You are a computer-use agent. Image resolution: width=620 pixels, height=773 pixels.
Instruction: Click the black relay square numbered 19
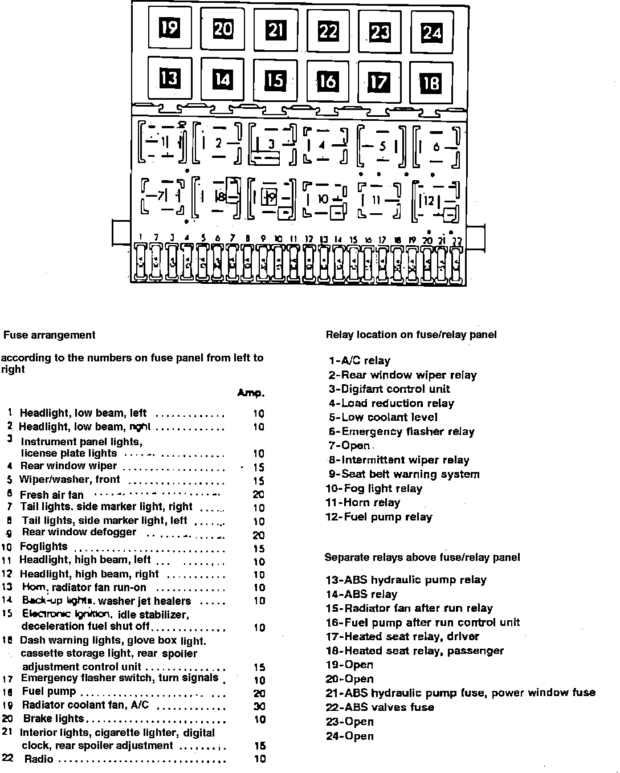coord(169,27)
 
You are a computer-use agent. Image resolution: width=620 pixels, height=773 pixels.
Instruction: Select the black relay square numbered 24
coord(431,33)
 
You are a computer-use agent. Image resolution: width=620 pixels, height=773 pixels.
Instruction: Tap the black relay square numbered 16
coord(327,82)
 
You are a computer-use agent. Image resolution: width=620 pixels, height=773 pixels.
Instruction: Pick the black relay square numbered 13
coord(169,77)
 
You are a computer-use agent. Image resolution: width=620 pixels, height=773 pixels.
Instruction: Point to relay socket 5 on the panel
coord(381,147)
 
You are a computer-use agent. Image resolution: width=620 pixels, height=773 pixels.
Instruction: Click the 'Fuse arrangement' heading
coord(50,335)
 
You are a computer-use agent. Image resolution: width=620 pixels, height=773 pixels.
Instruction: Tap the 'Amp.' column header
coord(251,393)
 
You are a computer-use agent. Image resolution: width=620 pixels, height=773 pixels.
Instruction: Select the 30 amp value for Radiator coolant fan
coord(259,706)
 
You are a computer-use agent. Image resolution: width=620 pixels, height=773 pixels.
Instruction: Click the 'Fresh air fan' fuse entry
coord(52,495)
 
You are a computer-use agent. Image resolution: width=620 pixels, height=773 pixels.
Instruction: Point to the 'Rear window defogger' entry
coord(79,532)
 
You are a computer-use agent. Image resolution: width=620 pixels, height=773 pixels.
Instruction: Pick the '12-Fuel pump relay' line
coord(379,517)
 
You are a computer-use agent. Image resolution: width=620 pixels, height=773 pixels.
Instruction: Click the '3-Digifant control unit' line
coord(389,389)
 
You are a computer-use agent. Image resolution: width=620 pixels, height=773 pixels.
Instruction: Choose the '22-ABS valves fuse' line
coord(380,707)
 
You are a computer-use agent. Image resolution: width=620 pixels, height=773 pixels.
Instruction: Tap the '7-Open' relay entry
coord(349,446)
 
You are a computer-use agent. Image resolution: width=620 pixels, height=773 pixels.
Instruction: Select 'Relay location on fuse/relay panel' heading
coord(411,335)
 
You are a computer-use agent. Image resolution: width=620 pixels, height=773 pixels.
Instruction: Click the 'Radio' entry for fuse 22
coord(39,759)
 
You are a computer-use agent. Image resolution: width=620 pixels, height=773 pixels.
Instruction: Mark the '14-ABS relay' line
coord(361,594)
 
